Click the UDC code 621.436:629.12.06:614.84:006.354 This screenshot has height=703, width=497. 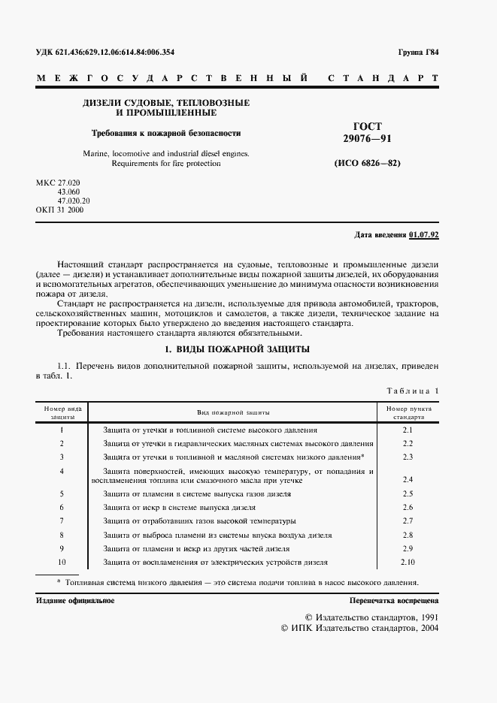click(x=116, y=53)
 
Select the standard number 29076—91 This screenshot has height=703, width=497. click(x=368, y=139)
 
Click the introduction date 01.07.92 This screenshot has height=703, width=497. click(x=424, y=235)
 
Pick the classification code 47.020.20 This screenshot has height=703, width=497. click(x=68, y=201)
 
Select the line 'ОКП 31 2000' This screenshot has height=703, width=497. click(x=60, y=210)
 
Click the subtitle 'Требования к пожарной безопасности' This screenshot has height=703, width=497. click(x=166, y=133)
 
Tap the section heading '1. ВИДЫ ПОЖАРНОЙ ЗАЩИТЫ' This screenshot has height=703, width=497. click(x=237, y=349)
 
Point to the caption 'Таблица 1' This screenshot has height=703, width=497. click(x=412, y=391)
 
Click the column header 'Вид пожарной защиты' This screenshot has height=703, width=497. click(x=233, y=412)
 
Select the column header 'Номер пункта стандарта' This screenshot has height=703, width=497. click(x=408, y=412)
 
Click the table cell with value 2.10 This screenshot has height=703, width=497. click(x=408, y=562)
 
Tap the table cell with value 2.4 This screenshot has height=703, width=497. click(x=408, y=478)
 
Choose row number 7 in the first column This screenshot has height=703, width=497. click(x=62, y=520)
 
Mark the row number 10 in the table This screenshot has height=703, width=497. click(x=62, y=562)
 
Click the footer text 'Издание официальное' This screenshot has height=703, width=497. click(x=75, y=601)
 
